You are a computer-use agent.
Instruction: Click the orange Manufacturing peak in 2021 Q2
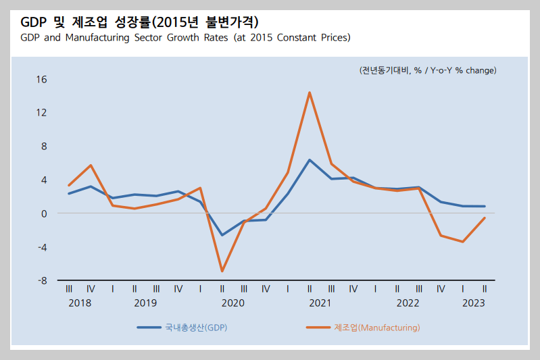(310, 93)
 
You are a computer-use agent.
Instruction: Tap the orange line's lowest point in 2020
(222, 271)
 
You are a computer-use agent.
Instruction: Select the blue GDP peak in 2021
(310, 160)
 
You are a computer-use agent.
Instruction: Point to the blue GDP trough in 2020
(222, 235)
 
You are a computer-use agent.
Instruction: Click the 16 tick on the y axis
(41, 80)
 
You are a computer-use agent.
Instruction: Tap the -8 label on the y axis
(41, 280)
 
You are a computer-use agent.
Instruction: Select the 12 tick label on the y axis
(41, 113)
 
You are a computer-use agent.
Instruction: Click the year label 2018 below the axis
(80, 303)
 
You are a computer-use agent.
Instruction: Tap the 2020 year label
(232, 303)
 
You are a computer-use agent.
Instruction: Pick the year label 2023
(473, 303)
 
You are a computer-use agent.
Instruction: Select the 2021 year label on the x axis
(320, 303)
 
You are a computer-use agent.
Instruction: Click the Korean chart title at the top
(134, 21)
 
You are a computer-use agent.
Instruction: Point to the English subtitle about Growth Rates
(185, 38)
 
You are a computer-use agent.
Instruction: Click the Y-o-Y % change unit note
(428, 70)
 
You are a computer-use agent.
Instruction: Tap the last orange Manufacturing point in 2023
(485, 217)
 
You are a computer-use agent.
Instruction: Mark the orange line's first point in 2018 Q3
(69, 185)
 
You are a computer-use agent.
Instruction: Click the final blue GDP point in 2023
(485, 206)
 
